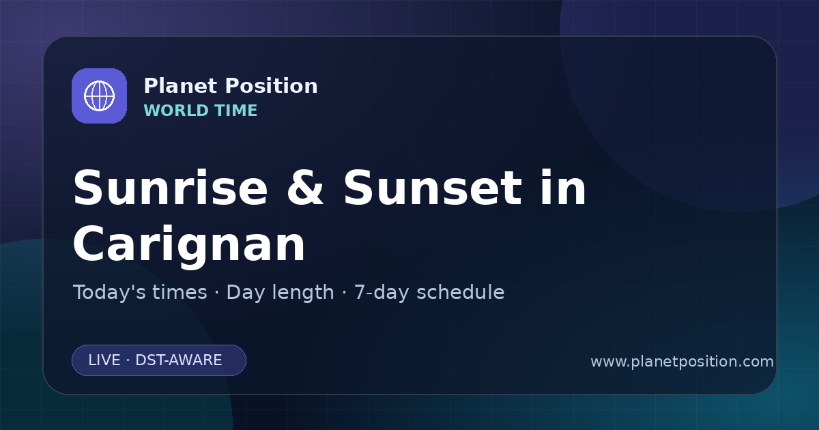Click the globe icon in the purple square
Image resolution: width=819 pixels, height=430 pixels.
(100, 96)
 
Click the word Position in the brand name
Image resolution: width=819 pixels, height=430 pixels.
(272, 86)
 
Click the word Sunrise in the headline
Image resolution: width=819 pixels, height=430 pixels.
(171, 188)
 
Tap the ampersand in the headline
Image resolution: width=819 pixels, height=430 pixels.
(305, 188)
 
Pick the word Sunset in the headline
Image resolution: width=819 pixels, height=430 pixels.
(433, 188)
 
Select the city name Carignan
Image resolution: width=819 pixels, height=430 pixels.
(189, 244)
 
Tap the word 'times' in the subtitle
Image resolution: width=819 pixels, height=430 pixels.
(179, 292)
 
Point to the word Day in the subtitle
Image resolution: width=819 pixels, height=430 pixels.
(245, 293)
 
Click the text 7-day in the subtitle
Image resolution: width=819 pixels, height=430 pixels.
(381, 293)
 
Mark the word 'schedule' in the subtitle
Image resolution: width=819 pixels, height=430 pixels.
(461, 292)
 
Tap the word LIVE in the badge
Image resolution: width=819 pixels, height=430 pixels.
(104, 360)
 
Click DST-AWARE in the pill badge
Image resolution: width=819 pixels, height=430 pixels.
(179, 360)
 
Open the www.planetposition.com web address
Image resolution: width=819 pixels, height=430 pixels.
(682, 362)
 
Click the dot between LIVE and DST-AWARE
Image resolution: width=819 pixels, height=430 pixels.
(128, 360)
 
